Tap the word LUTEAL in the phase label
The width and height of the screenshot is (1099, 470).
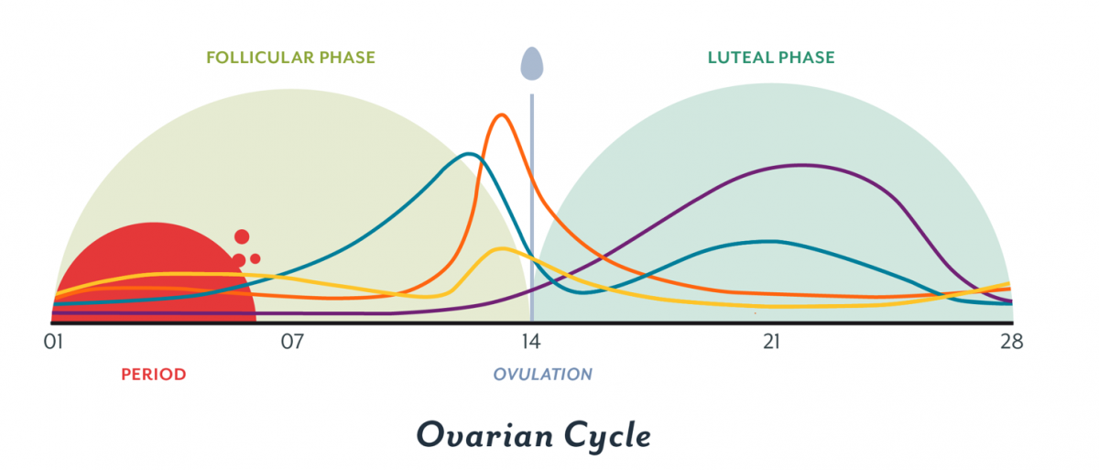(x=740, y=58)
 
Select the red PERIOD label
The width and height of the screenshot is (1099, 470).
(x=154, y=374)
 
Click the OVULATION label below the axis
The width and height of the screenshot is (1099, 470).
(x=543, y=374)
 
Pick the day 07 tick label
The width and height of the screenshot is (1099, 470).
(x=292, y=343)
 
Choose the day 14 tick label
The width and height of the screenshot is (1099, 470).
(x=531, y=343)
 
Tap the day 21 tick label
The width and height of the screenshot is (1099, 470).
(x=771, y=343)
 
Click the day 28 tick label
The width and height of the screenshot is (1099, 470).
(x=1012, y=343)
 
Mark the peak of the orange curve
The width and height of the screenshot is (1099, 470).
(x=501, y=115)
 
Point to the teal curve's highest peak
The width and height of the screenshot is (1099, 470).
(x=469, y=153)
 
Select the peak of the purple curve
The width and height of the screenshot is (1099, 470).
(x=802, y=165)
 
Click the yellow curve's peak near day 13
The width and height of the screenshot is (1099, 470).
(x=500, y=248)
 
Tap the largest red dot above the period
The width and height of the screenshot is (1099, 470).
(x=242, y=236)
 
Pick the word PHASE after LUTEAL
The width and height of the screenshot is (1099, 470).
(x=806, y=58)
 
